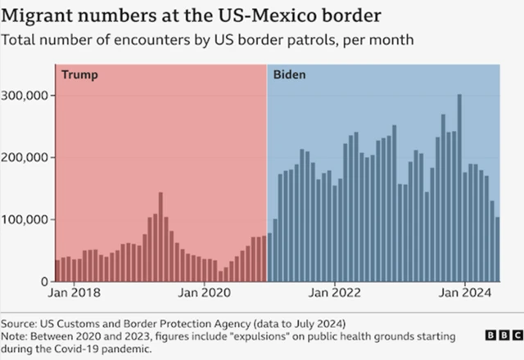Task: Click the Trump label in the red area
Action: pos(80,75)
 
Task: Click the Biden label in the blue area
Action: pos(290,75)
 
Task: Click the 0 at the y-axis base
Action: pos(47,281)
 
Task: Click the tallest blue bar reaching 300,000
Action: pos(459,188)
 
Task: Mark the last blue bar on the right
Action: pos(498,249)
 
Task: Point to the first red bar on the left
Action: pos(57,271)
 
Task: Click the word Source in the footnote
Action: pos(19,322)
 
